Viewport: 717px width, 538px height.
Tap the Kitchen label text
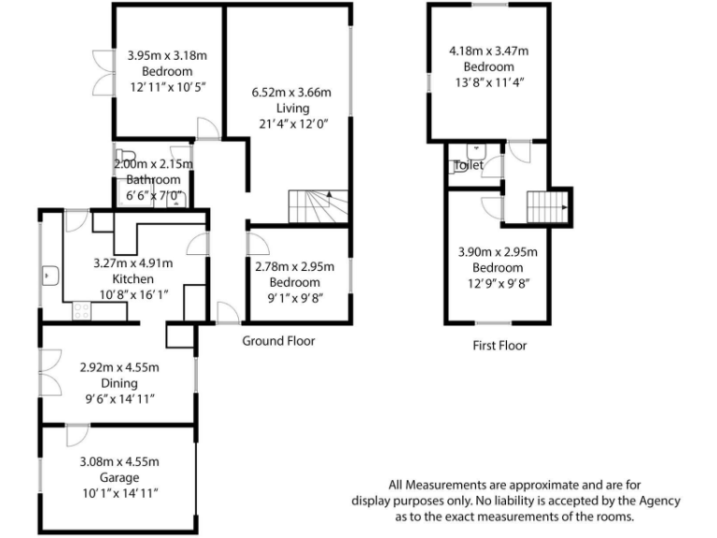tap(132, 279)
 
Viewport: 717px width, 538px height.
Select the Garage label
tap(119, 477)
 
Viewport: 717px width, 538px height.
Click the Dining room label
tap(119, 383)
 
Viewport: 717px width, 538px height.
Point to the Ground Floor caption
tap(278, 341)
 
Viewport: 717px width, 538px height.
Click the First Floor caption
tap(499, 346)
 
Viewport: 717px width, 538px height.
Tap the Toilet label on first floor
tap(469, 165)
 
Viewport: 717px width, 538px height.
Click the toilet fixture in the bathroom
tap(126, 157)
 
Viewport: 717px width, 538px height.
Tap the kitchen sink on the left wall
tap(50, 276)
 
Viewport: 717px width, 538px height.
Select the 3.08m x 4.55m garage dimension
tap(119, 461)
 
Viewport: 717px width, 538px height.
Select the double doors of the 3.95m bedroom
tap(101, 71)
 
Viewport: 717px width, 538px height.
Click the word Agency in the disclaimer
tap(659, 501)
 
